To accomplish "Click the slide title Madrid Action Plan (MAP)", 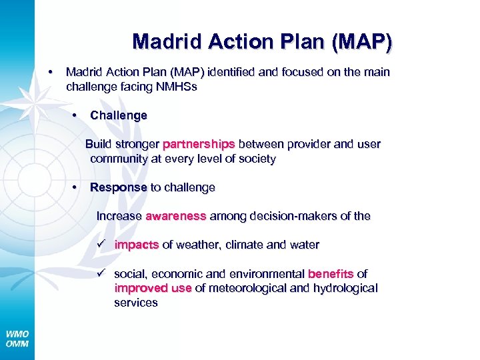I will pos(262,42).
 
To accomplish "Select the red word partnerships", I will pos(199,144).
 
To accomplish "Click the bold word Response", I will pos(118,187).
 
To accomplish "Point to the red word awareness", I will pos(176,216).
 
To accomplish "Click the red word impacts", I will pos(136,245).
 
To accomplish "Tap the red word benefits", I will pos(330,274).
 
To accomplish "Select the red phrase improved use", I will pos(153,288).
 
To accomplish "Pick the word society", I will pos(257,159).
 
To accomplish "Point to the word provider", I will pos(303,144).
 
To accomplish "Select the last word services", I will pos(136,303).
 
